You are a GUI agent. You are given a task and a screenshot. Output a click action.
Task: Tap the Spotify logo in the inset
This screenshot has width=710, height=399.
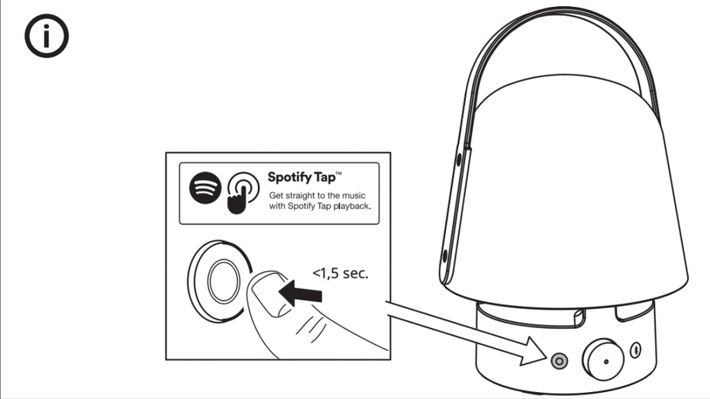[205, 187]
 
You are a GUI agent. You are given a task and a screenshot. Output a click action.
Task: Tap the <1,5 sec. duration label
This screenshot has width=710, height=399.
[339, 272]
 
